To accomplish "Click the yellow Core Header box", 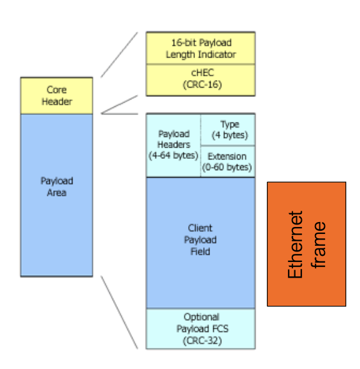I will (x=56, y=96).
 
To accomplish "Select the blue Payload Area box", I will (x=56, y=195).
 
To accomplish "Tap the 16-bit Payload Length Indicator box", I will (x=201, y=48).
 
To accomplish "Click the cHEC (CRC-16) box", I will (x=201, y=79).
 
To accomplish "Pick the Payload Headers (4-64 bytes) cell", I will (x=173, y=145).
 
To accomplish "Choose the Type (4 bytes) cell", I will (x=229, y=129).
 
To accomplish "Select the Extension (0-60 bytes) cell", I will (x=227, y=161).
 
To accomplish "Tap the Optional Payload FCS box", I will (x=201, y=328).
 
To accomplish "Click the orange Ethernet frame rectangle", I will (x=306, y=244).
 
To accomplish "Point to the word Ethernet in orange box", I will (x=296, y=244).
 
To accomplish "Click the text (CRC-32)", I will (x=201, y=340).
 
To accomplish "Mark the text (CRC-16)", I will (x=201, y=85).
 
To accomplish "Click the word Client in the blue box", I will (x=201, y=229).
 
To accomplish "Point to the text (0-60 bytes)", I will (x=227, y=167).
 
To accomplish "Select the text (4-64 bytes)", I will (x=173, y=156).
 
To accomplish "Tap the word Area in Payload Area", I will (x=57, y=193).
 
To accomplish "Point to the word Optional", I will (x=201, y=317).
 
